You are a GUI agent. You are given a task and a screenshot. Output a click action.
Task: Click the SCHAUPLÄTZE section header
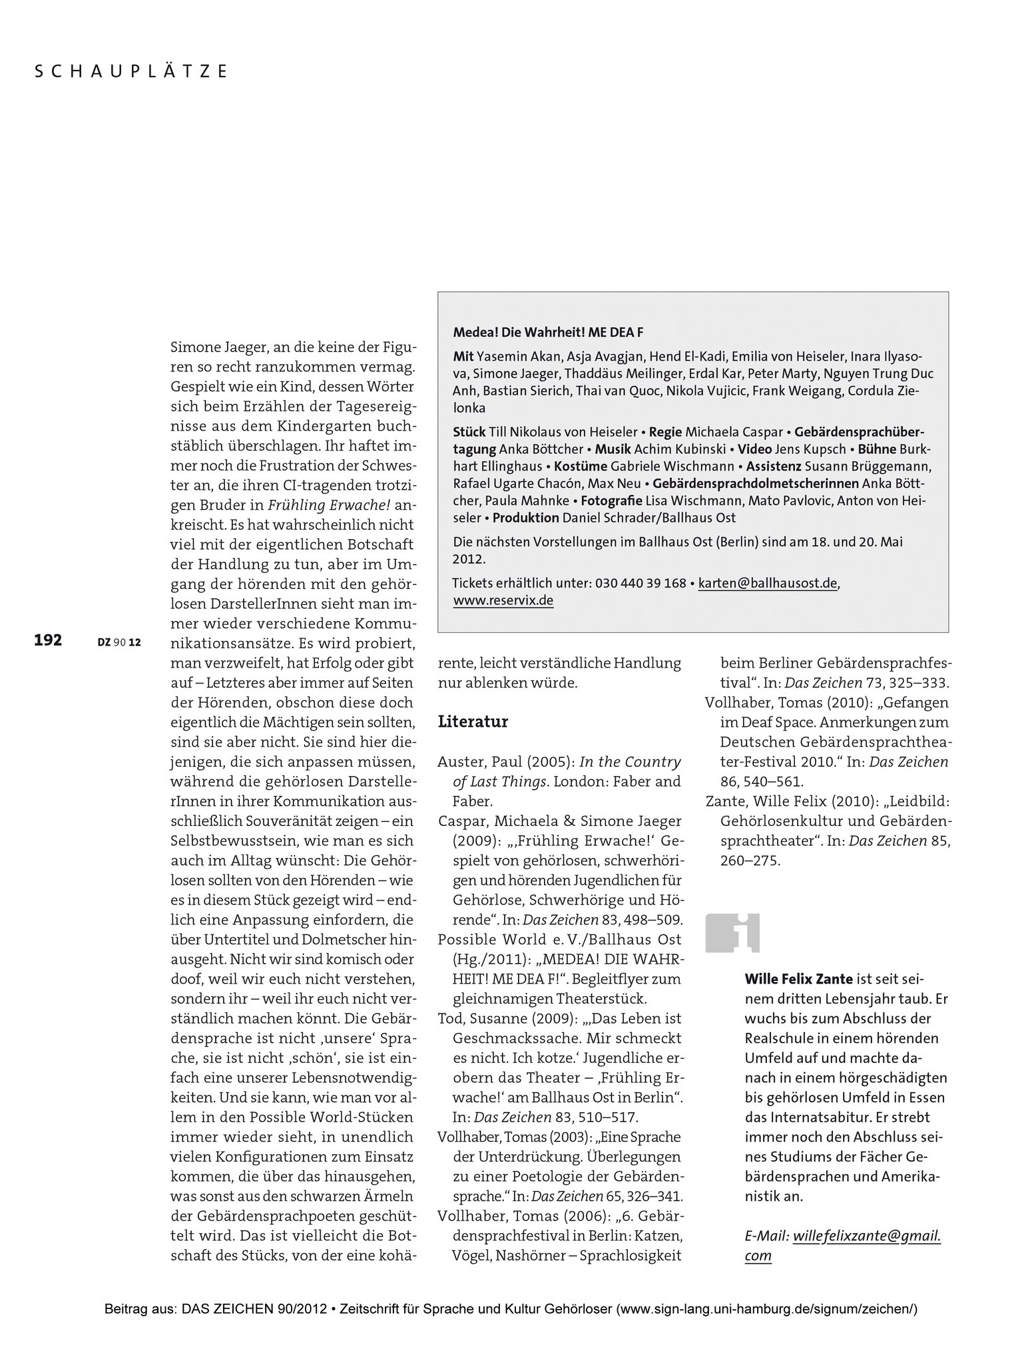[131, 71]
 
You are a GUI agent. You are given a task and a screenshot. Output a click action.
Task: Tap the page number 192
[48, 640]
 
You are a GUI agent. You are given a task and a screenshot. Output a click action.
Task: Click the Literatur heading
[473, 722]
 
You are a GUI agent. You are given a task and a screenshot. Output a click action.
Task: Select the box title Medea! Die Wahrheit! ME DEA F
[548, 332]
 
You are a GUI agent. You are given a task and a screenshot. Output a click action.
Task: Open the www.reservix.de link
[503, 600]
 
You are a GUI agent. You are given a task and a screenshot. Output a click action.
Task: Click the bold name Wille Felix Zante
[789, 979]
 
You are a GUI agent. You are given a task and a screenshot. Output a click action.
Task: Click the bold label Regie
[665, 431]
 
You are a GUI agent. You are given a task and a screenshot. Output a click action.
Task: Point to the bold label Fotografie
[611, 500]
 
